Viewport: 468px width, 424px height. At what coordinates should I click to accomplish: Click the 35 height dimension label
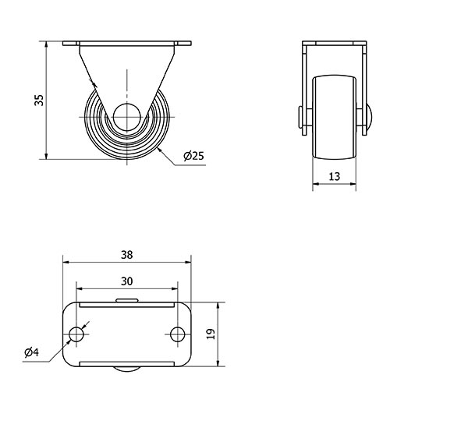tap(40, 100)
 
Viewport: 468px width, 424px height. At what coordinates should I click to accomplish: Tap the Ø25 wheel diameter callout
tap(194, 156)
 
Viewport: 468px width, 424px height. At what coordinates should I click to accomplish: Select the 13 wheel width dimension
tap(335, 176)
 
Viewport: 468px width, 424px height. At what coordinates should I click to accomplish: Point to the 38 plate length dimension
tap(127, 255)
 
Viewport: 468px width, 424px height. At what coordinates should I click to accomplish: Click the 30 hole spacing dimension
tap(127, 281)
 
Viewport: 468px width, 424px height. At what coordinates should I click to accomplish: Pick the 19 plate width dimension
tap(211, 334)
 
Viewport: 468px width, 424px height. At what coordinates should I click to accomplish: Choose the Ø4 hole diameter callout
tap(32, 352)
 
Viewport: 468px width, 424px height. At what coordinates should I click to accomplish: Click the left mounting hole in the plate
tap(76, 334)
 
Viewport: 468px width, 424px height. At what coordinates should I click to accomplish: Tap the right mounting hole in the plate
tap(177, 334)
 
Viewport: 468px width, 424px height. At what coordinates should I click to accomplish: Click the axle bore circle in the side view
tap(127, 117)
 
